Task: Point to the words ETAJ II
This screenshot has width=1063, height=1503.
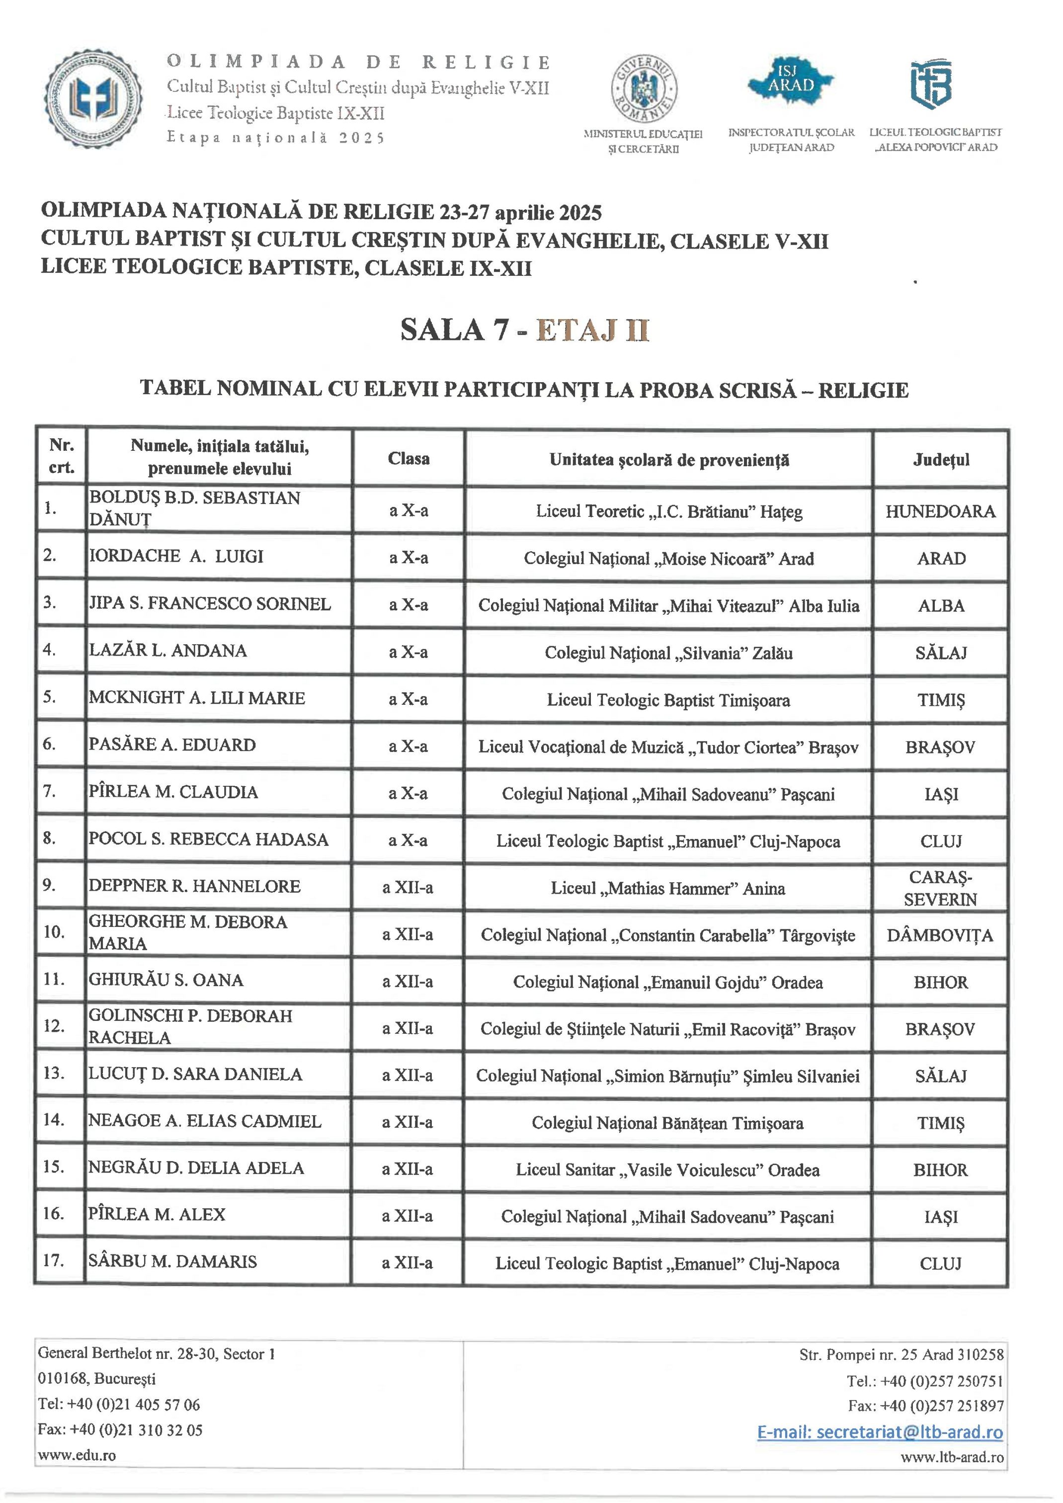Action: point(592,330)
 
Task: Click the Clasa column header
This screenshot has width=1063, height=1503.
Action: point(409,458)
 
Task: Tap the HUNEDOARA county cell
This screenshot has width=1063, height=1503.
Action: point(941,511)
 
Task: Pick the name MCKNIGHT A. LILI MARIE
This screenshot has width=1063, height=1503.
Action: point(197,698)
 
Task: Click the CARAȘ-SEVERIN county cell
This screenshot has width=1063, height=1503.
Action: point(941,888)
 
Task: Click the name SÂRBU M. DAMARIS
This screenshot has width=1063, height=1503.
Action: point(173,1261)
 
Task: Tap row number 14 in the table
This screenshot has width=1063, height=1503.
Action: point(54,1120)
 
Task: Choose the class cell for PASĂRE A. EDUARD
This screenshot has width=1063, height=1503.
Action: point(408,746)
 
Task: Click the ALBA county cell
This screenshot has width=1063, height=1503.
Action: point(941,605)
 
